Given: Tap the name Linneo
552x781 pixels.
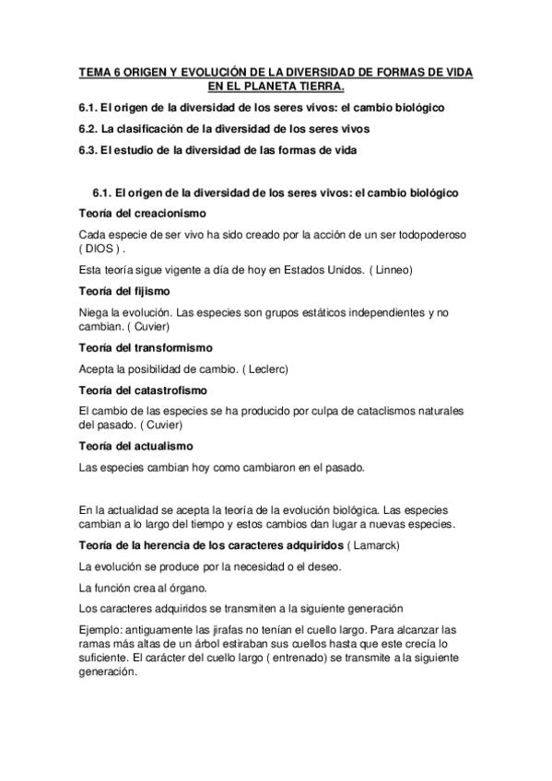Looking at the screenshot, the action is pos(392,270).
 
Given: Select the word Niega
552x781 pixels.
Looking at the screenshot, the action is pos(95,313).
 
